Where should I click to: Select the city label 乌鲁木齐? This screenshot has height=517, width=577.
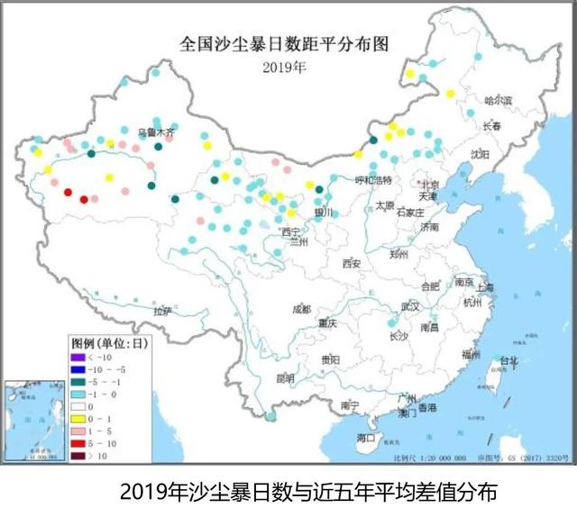tap(153, 132)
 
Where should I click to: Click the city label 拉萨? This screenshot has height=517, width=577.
tap(162, 311)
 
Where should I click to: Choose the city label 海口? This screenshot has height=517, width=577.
tap(365, 438)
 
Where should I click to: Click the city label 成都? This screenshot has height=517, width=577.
tap(300, 309)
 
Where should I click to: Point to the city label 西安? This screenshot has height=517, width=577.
tap(351, 264)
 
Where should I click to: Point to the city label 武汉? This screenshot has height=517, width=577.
tap(411, 306)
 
